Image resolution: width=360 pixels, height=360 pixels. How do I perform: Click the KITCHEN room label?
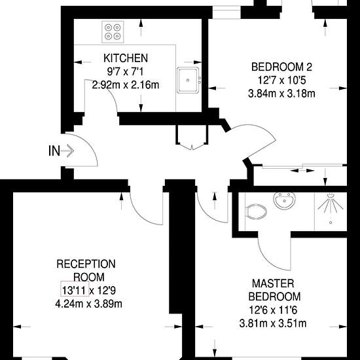[126, 58]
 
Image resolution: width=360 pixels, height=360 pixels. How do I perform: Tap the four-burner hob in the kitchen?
[113, 32]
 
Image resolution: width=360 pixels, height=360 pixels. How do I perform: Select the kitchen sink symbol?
[188, 80]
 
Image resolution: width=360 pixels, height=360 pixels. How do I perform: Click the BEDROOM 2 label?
[281, 67]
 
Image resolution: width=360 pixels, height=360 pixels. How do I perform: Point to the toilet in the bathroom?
[256, 211]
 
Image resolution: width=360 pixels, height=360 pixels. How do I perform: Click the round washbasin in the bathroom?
[284, 200]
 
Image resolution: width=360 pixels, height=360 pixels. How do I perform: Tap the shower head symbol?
[331, 202]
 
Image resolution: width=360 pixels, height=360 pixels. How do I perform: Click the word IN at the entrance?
[54, 151]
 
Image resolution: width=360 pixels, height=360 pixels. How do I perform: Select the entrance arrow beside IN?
[67, 151]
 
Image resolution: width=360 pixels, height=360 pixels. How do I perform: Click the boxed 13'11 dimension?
[75, 291]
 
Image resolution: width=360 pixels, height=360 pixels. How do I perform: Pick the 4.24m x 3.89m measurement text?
[88, 304]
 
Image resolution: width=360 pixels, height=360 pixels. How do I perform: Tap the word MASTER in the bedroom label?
[273, 283]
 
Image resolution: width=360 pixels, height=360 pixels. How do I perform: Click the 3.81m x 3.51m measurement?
[273, 323]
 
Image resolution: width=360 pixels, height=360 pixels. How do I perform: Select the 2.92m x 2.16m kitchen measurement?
[126, 85]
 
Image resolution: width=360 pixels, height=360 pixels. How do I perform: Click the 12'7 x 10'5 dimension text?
[281, 81]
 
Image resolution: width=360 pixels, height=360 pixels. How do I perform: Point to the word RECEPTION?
[86, 264]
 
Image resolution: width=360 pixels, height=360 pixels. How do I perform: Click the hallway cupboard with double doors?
[192, 137]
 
